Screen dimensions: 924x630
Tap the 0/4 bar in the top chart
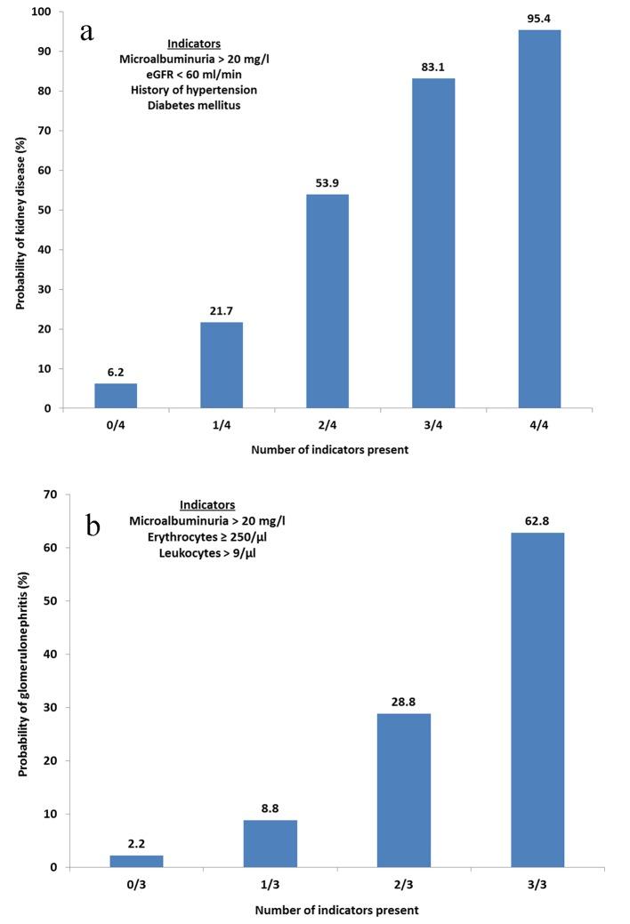click(115, 395)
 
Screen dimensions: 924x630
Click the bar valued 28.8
click(404, 790)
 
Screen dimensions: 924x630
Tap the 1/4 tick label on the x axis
click(221, 427)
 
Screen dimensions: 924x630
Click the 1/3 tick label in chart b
click(270, 886)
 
